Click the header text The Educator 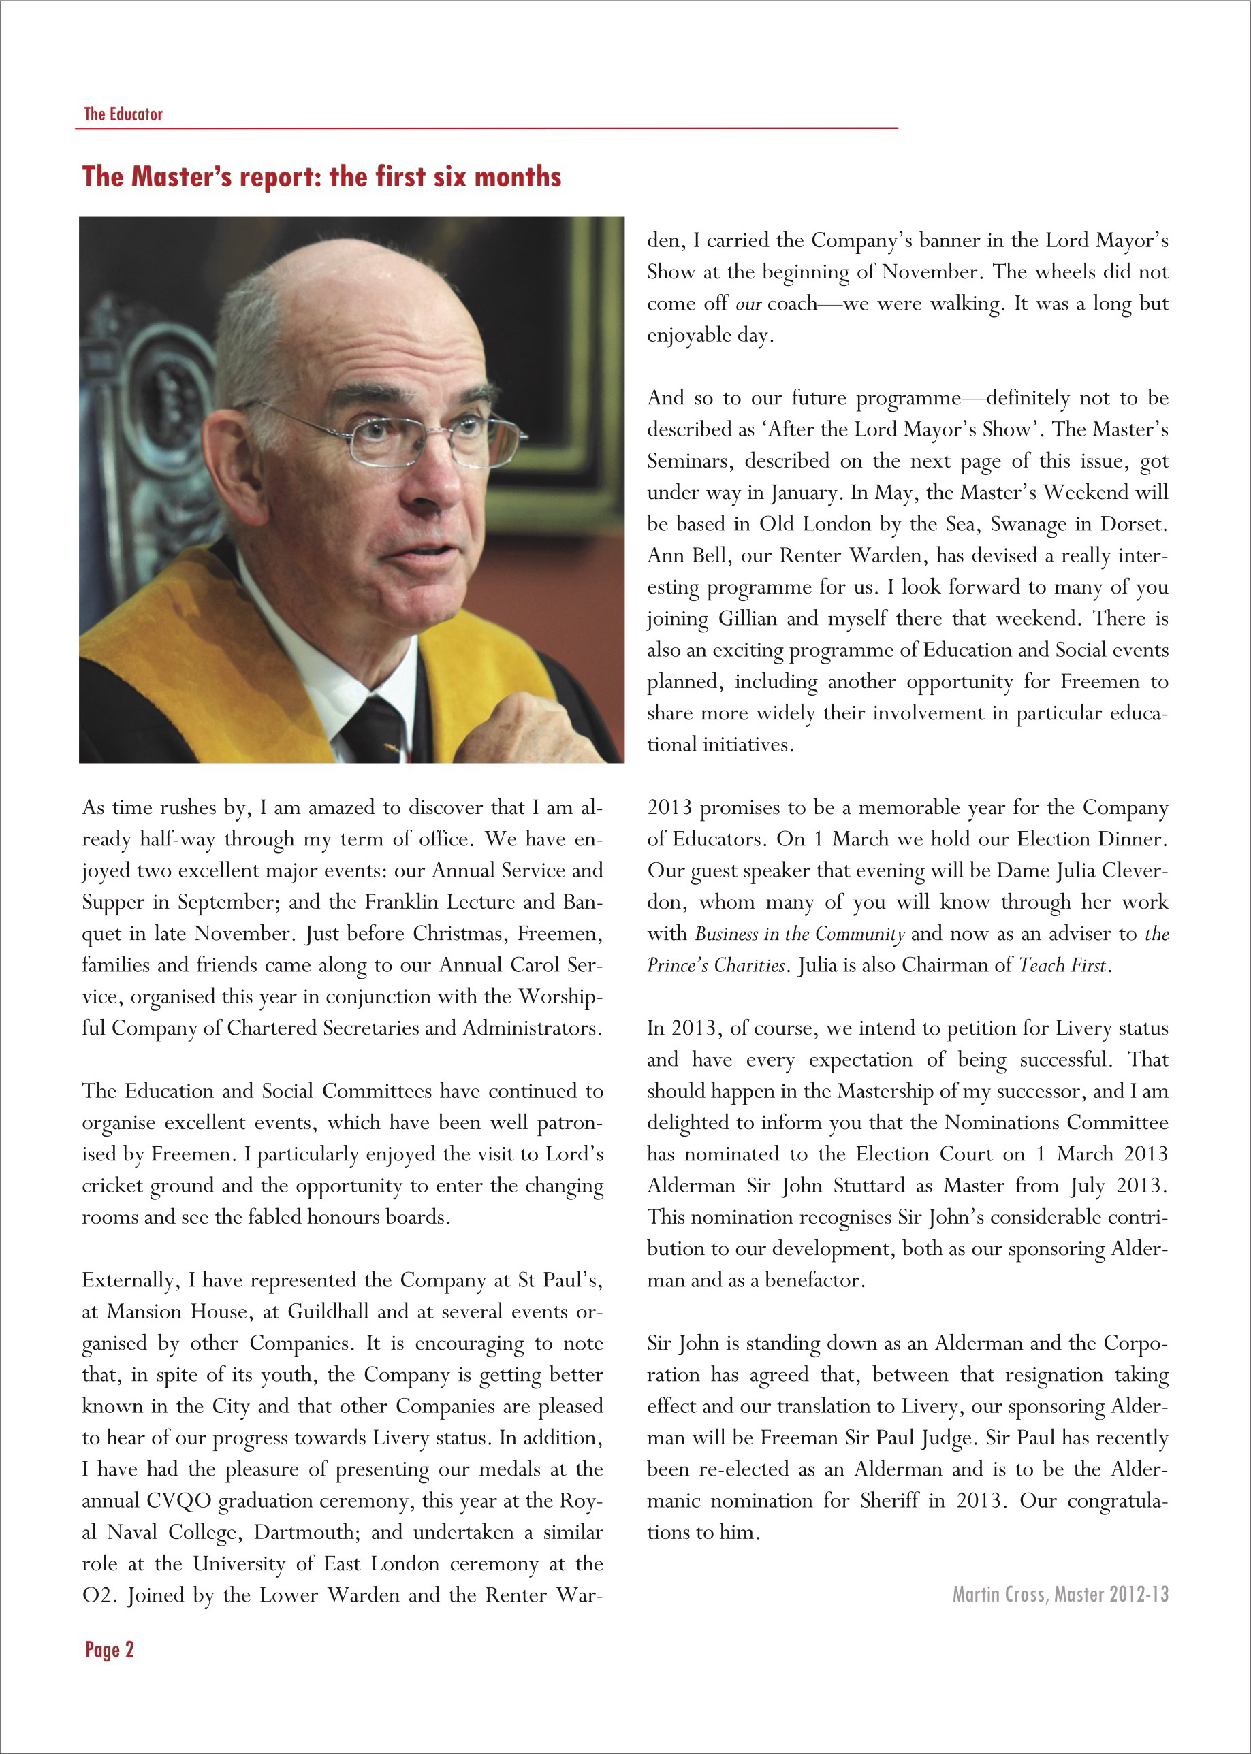pyautogui.click(x=123, y=114)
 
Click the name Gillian pyautogui.click(x=747, y=619)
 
